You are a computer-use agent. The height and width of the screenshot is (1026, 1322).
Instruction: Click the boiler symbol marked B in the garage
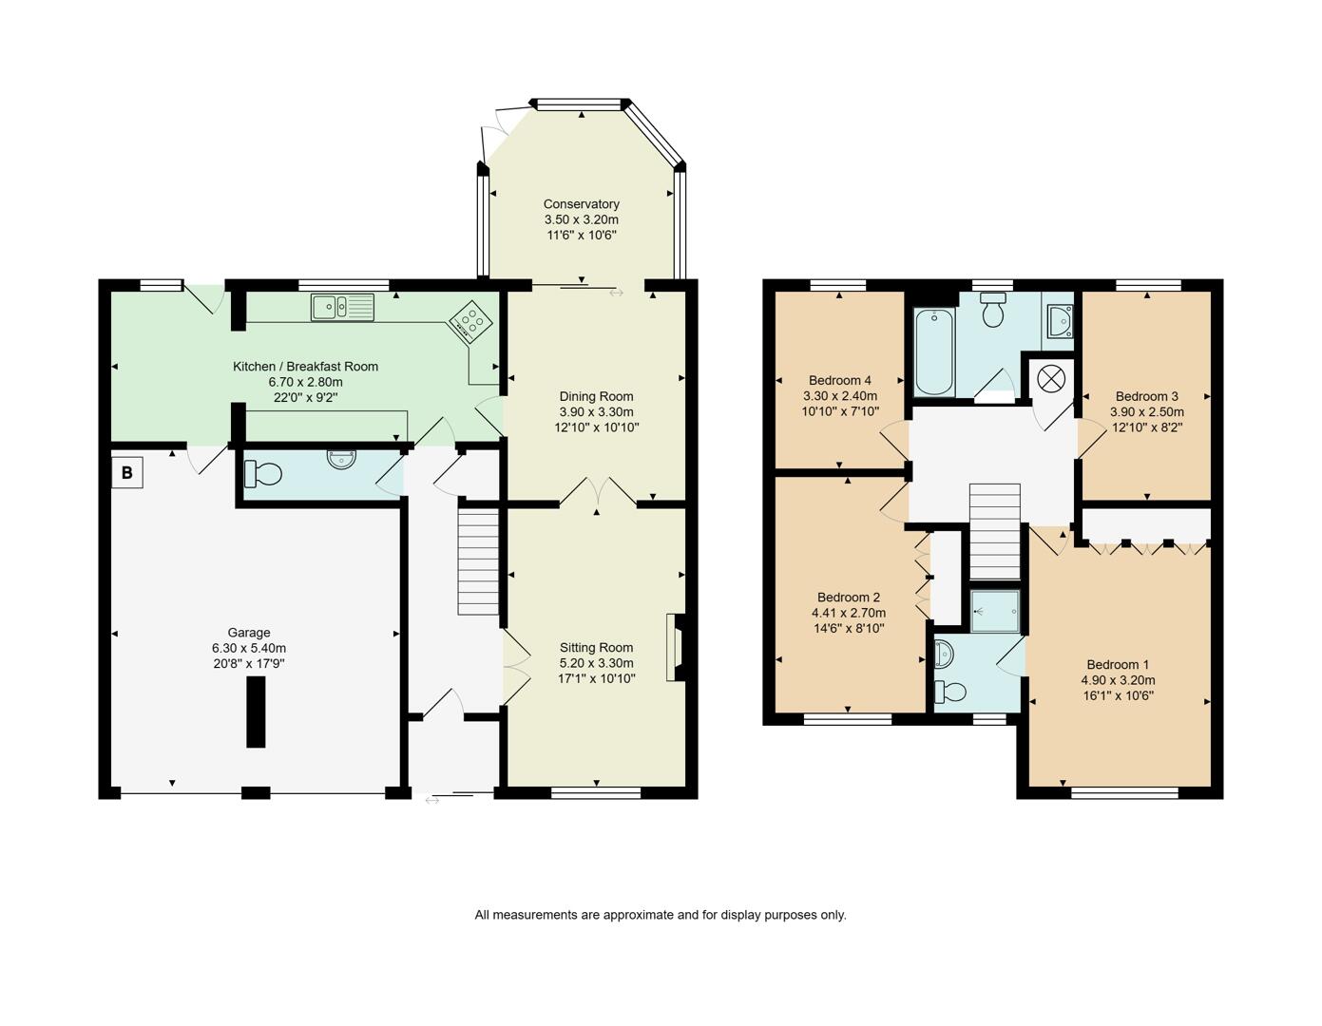[127, 472]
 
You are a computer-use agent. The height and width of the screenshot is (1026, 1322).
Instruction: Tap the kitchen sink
[342, 307]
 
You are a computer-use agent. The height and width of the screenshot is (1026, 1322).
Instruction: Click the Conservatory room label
[581, 204]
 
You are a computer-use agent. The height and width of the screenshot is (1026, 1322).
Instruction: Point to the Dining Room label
[596, 396]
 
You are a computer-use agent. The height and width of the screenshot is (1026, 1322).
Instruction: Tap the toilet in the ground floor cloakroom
[262, 472]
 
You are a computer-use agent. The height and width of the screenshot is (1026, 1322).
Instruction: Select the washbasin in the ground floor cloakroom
[342, 459]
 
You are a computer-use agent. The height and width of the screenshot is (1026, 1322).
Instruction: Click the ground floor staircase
[478, 560]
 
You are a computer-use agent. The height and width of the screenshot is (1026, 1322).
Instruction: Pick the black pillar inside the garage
[256, 713]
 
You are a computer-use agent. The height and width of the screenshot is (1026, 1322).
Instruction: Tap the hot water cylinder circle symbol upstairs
[1050, 377]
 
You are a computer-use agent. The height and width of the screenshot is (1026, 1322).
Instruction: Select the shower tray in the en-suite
[995, 610]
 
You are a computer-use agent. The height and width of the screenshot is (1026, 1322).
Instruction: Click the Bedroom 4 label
[840, 381]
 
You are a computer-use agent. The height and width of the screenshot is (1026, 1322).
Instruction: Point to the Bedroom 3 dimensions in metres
[1147, 412]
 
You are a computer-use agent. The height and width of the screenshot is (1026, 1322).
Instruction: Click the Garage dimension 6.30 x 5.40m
[249, 648]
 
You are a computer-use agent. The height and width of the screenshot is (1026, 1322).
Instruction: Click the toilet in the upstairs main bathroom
[993, 310]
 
